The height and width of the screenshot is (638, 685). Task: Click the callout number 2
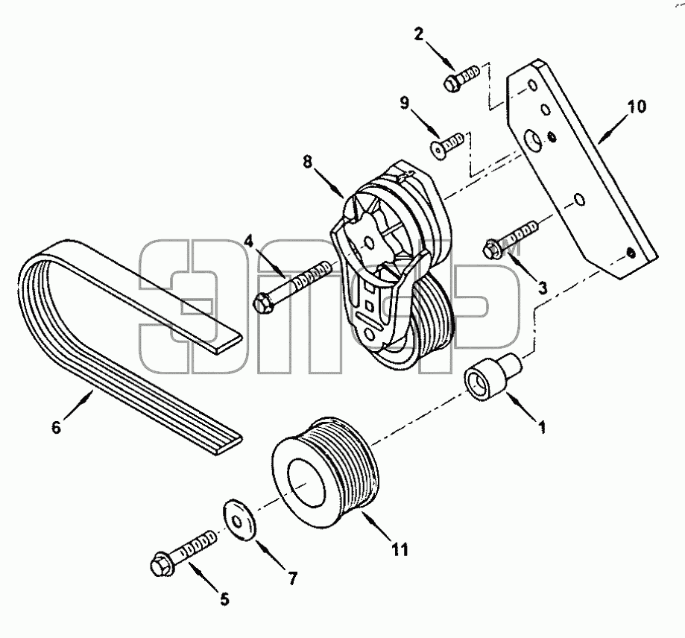click(419, 34)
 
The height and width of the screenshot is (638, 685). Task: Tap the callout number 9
click(405, 103)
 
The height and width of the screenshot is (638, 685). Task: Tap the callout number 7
click(293, 579)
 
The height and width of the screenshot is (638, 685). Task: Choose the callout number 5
click(224, 599)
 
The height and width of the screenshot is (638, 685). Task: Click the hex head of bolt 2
click(452, 83)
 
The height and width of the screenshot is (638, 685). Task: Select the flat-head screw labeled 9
click(446, 144)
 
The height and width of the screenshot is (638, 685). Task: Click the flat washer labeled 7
click(240, 521)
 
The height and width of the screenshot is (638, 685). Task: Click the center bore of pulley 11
click(306, 484)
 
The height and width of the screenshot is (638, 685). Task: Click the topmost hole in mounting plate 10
click(532, 86)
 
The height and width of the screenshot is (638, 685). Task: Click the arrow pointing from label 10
click(613, 127)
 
